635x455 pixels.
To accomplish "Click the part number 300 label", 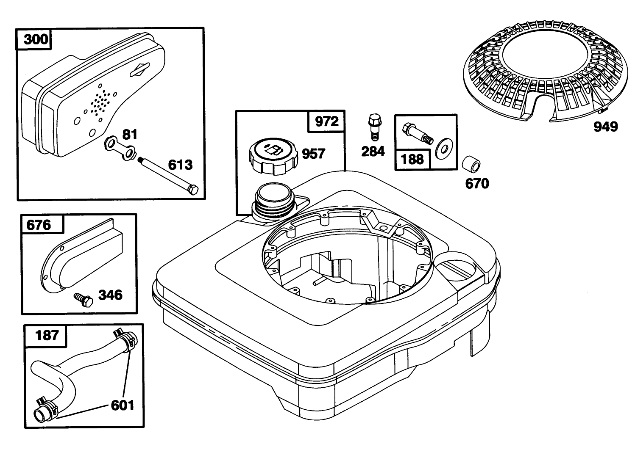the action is click(36, 39).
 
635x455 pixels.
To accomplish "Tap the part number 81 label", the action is click(130, 135).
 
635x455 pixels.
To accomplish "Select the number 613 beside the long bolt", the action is click(180, 165).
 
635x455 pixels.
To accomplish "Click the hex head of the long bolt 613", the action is click(193, 190).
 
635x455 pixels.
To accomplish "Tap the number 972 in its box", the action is click(327, 121).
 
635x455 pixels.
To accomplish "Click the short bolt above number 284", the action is click(375, 127).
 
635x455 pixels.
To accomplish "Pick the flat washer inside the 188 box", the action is click(443, 149).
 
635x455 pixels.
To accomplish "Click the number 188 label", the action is click(412, 160).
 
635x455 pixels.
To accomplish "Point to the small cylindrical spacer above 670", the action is click(471, 164).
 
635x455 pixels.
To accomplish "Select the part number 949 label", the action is click(606, 127).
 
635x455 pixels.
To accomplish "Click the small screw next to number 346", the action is click(84, 300).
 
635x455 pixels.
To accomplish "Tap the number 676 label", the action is click(39, 225).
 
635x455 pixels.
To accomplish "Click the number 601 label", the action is click(123, 405).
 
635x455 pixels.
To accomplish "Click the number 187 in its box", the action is click(47, 335).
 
